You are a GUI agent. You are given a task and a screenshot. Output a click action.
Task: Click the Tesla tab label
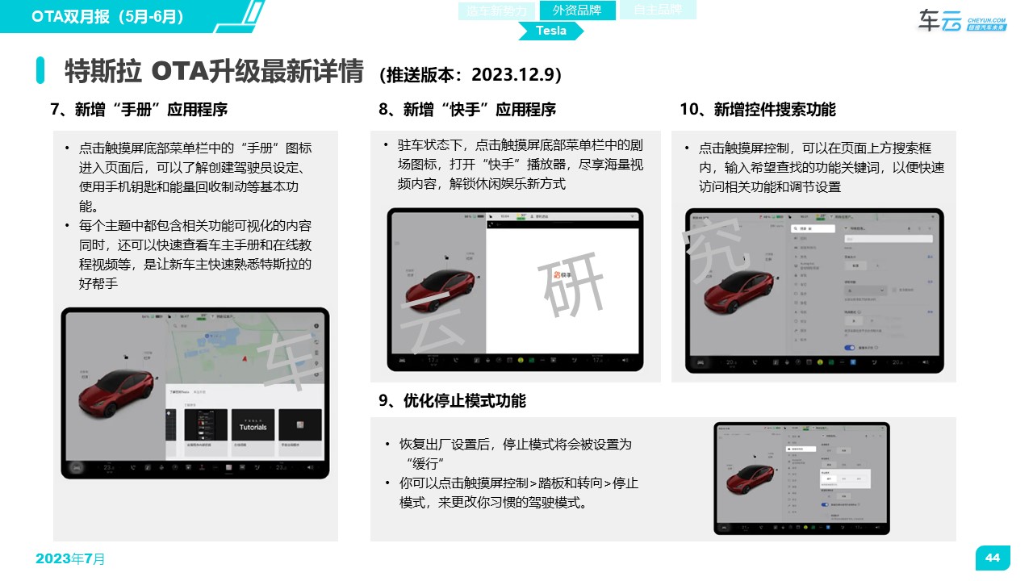point(551,31)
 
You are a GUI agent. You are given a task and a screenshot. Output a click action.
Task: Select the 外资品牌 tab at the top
point(577,10)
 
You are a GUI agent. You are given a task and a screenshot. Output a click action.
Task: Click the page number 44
point(993,558)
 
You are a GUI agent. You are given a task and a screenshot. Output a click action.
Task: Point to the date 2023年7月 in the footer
point(70,558)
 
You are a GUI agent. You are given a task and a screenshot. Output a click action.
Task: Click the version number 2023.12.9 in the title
point(513,74)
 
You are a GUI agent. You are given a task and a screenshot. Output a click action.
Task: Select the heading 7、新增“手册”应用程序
point(139,110)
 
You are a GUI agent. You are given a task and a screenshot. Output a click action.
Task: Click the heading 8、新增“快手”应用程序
point(467,110)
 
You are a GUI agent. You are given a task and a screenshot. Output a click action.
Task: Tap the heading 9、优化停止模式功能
point(452,400)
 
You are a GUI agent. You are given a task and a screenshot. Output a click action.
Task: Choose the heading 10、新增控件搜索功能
point(757,110)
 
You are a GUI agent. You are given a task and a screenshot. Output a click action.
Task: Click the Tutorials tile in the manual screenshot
point(253,426)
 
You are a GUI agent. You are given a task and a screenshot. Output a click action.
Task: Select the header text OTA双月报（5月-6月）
point(107,16)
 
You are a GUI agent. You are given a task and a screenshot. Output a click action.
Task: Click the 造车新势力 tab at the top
point(497,10)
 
